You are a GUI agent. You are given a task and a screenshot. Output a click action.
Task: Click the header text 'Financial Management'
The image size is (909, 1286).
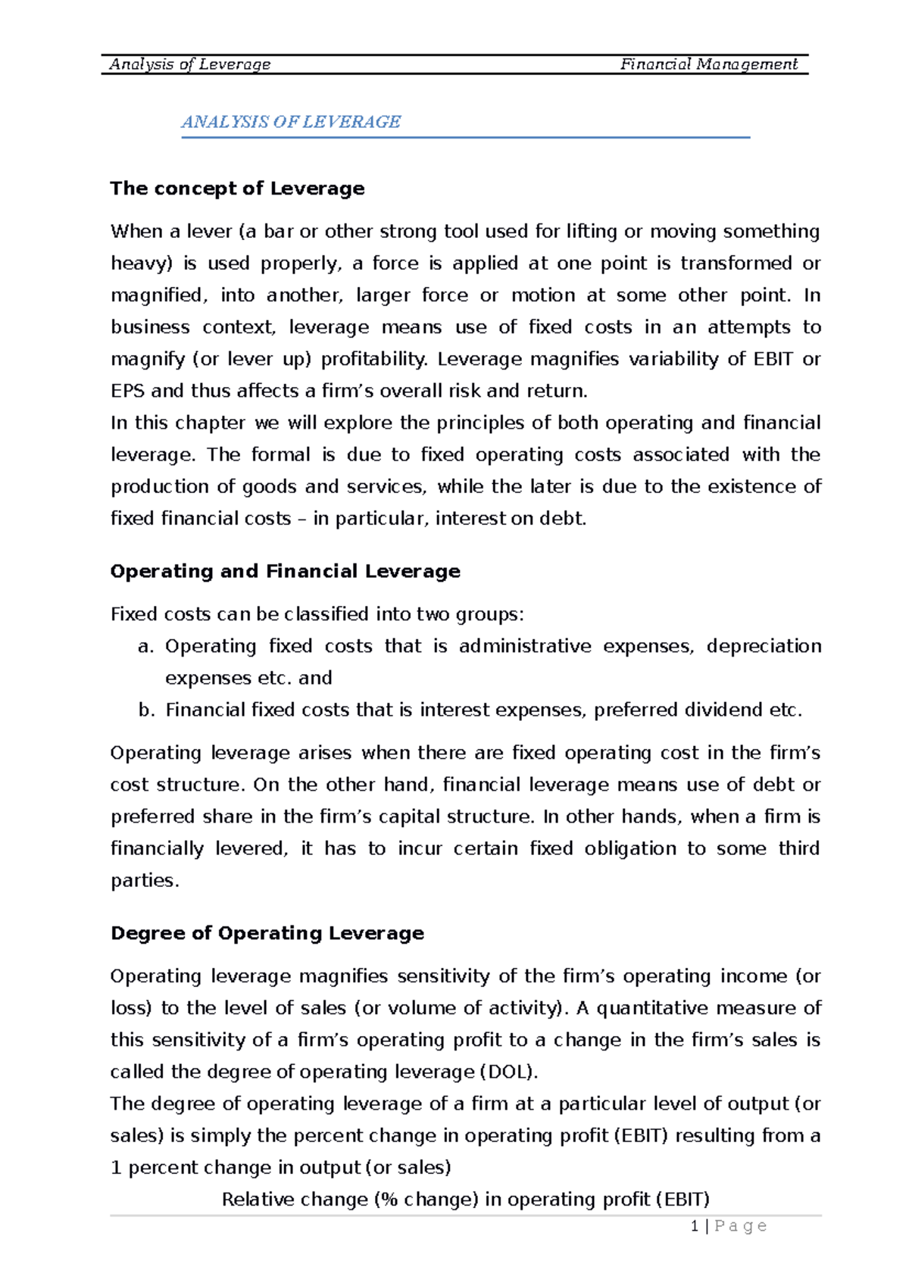click(708, 64)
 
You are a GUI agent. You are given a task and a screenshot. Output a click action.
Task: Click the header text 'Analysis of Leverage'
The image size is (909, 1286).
click(189, 64)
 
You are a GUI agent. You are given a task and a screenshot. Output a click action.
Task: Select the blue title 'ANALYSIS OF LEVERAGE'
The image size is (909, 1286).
click(291, 122)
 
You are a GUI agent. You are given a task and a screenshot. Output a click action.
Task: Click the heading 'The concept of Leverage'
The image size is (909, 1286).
click(237, 189)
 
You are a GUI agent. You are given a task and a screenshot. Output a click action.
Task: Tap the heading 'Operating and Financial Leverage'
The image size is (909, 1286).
click(285, 571)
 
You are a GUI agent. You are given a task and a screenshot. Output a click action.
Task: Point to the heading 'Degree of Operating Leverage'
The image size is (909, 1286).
click(267, 933)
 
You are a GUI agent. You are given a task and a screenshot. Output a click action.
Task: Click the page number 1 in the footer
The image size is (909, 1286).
click(695, 1226)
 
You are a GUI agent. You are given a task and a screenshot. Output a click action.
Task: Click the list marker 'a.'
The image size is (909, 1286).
click(146, 647)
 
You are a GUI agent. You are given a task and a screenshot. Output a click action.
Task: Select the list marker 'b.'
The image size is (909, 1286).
click(146, 710)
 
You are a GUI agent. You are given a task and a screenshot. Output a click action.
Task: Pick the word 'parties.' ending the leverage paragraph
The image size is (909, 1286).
click(145, 881)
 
